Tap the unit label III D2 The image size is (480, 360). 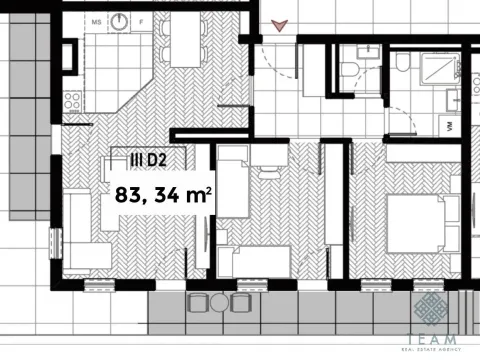click(148, 158)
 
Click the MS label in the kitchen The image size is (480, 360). click(97, 20)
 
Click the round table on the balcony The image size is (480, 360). click(218, 301)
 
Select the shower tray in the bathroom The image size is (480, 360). click(434, 71)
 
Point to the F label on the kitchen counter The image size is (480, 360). click(141, 20)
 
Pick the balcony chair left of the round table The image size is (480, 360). click(196, 301)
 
